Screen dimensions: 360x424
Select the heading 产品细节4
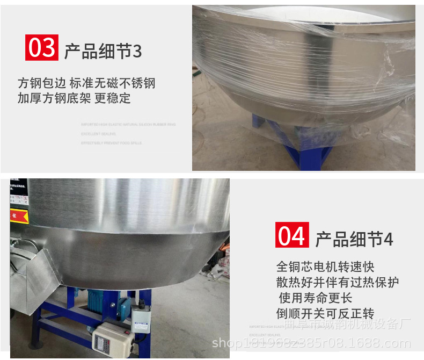pos(354,240)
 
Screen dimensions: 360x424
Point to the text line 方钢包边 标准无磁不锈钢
pos(86,83)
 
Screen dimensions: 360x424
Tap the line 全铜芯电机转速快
pos(325,267)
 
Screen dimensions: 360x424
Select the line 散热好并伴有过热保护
pos(338,283)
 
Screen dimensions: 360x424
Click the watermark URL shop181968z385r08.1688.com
pos(311,343)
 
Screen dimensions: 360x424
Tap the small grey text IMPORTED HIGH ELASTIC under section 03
pos(128,124)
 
